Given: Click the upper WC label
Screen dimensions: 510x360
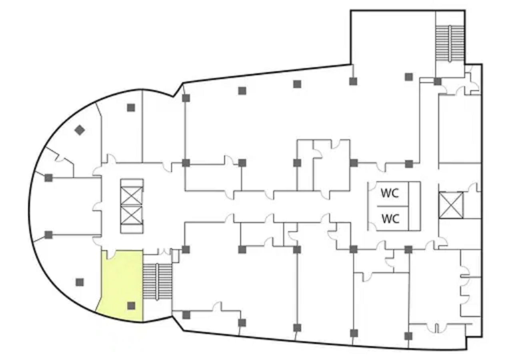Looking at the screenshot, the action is pyautogui.click(x=390, y=193).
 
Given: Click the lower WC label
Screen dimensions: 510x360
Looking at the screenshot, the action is pyautogui.click(x=390, y=219).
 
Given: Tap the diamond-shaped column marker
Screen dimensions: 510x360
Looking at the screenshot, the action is pyautogui.click(x=80, y=130).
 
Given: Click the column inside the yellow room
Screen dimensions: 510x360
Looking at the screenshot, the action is pyautogui.click(x=131, y=306).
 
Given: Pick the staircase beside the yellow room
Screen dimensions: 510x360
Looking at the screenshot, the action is pyautogui.click(x=157, y=282).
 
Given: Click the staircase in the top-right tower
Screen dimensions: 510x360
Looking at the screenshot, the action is pyautogui.click(x=450, y=43).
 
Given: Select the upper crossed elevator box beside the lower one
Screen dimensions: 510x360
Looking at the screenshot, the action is pyautogui.click(x=132, y=196).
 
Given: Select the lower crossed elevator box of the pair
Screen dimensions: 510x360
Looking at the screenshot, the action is pyautogui.click(x=132, y=215).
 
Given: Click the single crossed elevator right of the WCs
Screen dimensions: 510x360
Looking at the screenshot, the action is pyautogui.click(x=451, y=205).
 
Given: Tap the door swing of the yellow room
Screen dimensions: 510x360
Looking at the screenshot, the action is pyautogui.click(x=111, y=254).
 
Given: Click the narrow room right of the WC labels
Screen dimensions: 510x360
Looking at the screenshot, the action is pyautogui.click(x=414, y=206).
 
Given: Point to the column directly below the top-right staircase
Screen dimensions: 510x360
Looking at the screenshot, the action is pyautogui.click(x=437, y=82).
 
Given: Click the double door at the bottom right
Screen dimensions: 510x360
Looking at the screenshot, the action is pyautogui.click(x=436, y=328).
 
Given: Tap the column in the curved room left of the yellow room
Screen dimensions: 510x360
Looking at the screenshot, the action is pyautogui.click(x=80, y=282).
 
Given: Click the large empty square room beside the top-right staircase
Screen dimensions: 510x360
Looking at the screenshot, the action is pyautogui.click(x=393, y=38).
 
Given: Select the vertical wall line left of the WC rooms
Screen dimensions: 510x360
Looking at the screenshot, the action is pyautogui.click(x=368, y=206).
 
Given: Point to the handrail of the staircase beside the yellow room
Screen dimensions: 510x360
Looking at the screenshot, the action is pyautogui.click(x=157, y=282).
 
